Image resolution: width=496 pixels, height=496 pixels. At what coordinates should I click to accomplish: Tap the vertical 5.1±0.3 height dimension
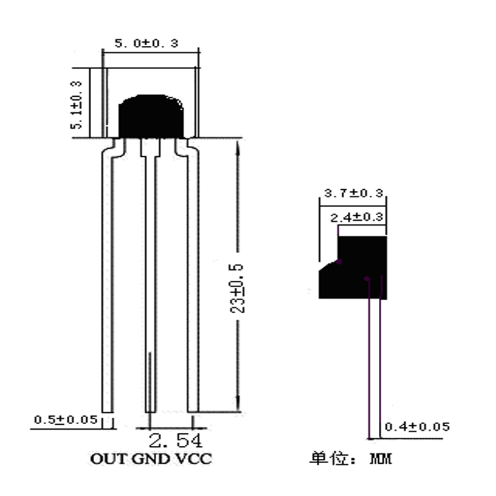[77, 104]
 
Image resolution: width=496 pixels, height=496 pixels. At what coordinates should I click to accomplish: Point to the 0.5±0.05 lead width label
[65, 420]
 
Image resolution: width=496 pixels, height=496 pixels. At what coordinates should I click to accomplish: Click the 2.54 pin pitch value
[176, 441]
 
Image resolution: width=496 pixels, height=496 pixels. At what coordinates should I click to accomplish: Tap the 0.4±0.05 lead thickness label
[417, 427]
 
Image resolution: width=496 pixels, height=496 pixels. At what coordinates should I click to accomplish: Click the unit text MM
[381, 460]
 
